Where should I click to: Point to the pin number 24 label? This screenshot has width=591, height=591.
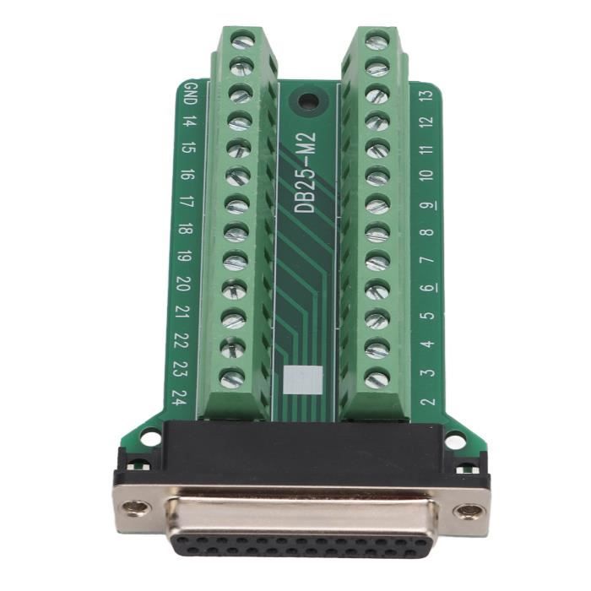[178, 396]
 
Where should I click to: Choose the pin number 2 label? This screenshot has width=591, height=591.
[428, 400]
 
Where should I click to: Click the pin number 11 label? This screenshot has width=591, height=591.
[427, 149]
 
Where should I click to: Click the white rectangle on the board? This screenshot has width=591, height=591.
[302, 381]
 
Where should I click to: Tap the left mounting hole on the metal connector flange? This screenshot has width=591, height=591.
[135, 509]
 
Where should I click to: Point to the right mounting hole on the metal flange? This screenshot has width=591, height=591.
[468, 511]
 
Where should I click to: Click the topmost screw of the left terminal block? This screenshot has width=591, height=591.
[243, 41]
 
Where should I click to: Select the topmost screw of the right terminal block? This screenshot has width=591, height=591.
[377, 41]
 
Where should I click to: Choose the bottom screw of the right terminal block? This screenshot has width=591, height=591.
[377, 379]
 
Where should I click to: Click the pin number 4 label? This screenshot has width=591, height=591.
[428, 344]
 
